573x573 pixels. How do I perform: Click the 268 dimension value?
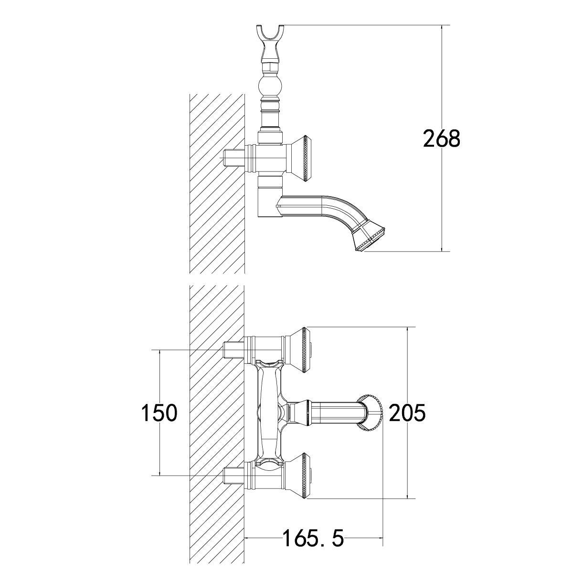(442, 139)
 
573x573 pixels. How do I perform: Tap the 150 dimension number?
(159, 413)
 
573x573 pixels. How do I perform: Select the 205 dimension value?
(407, 413)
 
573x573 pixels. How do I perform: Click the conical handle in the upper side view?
(299, 158)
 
